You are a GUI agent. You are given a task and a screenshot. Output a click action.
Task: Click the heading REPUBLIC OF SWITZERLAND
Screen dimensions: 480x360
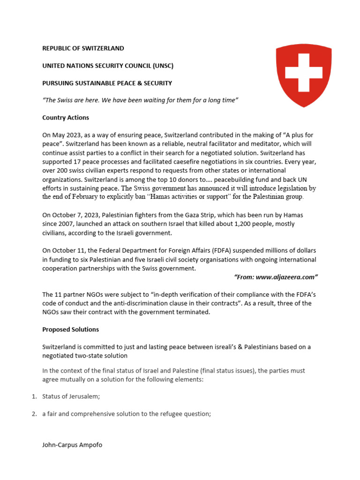tap(83, 48)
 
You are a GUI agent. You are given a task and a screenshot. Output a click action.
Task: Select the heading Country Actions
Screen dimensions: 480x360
tap(66, 118)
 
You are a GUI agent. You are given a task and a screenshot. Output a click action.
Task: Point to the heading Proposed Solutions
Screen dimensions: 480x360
tap(70, 330)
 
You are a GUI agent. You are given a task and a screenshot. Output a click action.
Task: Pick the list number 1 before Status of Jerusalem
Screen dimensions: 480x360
tap(34, 397)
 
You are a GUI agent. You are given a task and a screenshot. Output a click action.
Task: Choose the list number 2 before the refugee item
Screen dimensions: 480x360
tap(34, 414)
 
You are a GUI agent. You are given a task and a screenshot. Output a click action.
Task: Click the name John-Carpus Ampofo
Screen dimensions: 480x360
tap(72, 445)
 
